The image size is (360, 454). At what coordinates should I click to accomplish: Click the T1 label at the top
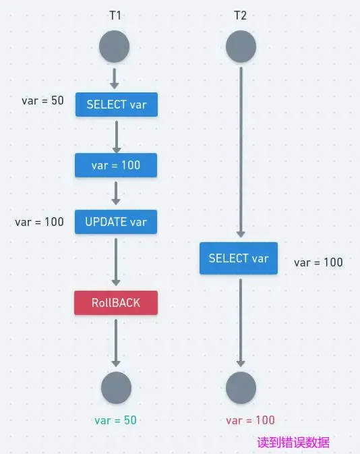(x=115, y=14)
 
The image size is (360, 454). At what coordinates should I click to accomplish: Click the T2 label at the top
(x=240, y=14)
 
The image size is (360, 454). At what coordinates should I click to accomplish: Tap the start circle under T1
(x=114, y=47)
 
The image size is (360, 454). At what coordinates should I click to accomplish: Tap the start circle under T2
(x=241, y=47)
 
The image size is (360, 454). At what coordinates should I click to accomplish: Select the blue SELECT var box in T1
(x=116, y=105)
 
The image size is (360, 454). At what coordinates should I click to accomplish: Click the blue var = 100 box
(x=116, y=165)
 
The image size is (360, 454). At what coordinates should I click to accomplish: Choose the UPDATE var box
(x=116, y=222)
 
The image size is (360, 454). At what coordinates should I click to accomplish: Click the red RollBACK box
(x=116, y=303)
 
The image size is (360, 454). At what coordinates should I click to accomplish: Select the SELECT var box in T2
(x=239, y=258)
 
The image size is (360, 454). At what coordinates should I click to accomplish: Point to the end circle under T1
(x=116, y=388)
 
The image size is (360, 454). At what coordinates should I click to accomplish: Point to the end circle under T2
(x=241, y=388)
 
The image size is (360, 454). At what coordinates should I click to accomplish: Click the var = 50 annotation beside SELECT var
(x=42, y=101)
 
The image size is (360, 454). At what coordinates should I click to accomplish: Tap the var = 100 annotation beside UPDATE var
(x=39, y=222)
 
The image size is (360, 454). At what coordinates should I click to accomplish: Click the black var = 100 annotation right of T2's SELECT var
(x=318, y=262)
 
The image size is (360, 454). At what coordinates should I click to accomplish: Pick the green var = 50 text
(x=115, y=420)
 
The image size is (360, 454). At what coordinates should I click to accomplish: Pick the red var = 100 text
(x=250, y=420)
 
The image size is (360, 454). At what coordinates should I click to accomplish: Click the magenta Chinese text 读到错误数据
(x=293, y=443)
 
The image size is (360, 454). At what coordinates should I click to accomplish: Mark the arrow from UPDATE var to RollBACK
(x=116, y=262)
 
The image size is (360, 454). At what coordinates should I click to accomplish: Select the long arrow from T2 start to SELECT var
(x=241, y=152)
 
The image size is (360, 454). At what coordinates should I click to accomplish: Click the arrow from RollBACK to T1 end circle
(x=116, y=343)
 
